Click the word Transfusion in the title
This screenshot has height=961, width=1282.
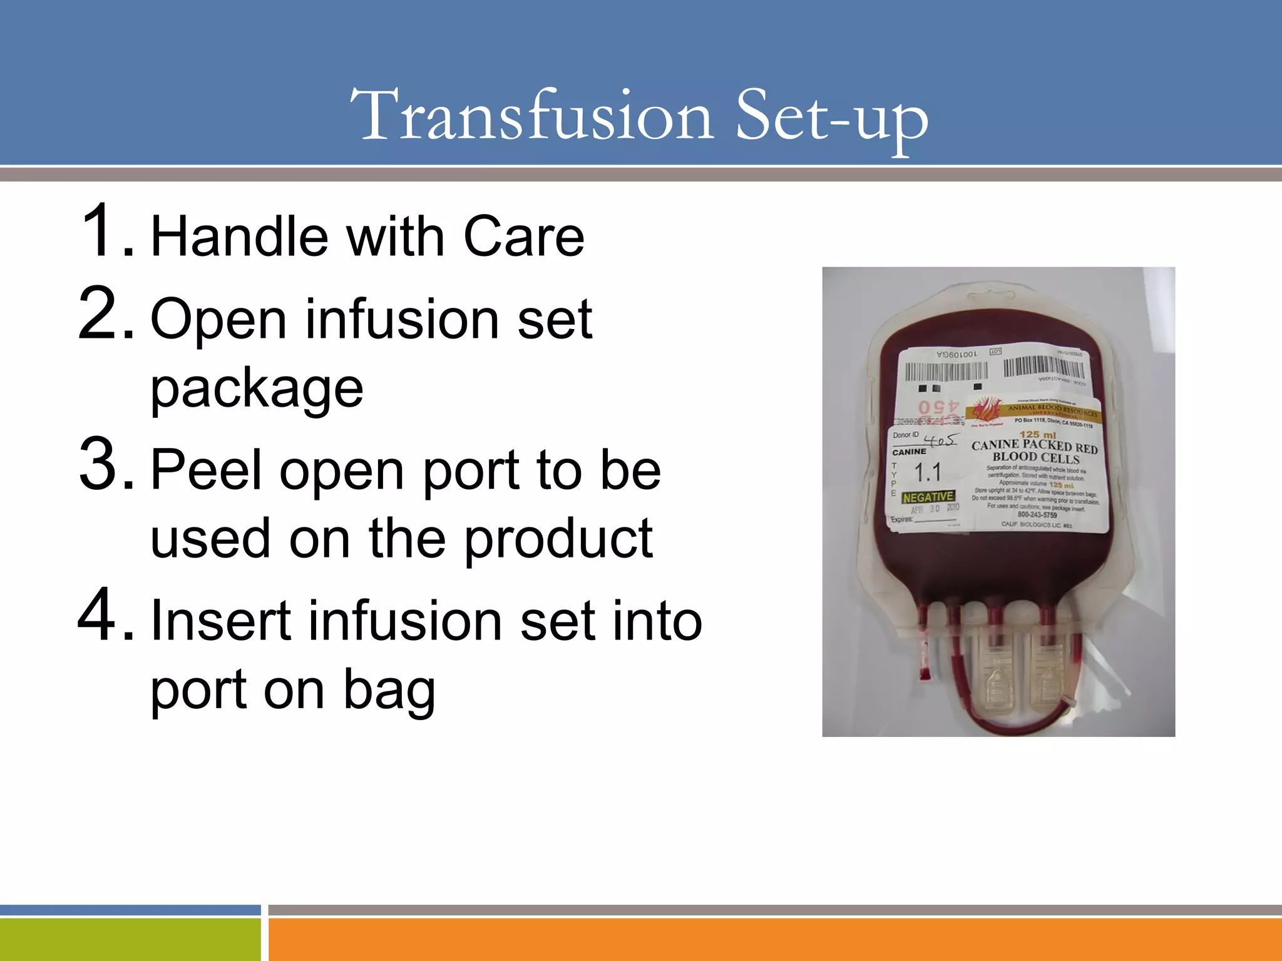(x=532, y=116)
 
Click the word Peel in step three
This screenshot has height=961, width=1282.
(x=206, y=470)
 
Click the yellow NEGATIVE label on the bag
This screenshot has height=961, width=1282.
(x=928, y=497)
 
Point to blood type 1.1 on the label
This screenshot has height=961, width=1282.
(x=928, y=472)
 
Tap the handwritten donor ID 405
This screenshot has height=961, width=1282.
(x=941, y=440)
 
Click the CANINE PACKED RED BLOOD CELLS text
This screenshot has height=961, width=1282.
(x=1034, y=451)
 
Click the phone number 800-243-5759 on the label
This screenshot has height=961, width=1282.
(x=1037, y=515)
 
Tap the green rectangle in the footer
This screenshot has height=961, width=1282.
(x=130, y=939)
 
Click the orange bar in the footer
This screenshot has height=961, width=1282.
(x=775, y=939)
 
